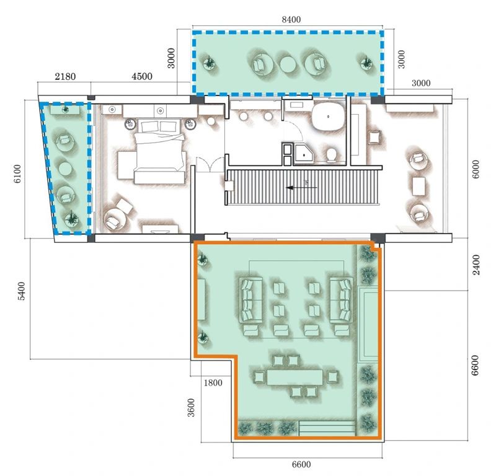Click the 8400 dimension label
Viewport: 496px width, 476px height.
[291, 20]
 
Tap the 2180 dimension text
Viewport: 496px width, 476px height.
[65, 76]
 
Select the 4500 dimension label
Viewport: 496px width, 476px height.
[142, 76]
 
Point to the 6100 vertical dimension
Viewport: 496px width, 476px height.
[17, 174]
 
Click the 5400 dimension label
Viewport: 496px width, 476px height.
[21, 291]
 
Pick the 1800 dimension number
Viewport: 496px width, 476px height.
[213, 383]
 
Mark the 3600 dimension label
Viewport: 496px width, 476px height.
[191, 408]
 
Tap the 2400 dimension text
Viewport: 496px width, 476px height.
[476, 265]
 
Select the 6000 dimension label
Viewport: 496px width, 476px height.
[476, 169]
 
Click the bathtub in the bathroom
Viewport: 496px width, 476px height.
[328, 117]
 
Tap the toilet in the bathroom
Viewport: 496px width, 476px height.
[331, 155]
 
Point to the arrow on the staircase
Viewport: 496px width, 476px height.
[301, 188]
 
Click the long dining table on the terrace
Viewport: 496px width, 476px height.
[295, 377]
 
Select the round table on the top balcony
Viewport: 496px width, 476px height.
[288, 64]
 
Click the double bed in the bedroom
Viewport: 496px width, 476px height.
[159, 151]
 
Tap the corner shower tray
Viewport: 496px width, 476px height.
[304, 153]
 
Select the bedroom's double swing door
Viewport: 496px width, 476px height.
[210, 164]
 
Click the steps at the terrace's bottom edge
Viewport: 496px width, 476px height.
[327, 428]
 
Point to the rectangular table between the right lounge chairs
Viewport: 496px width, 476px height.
[418, 187]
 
